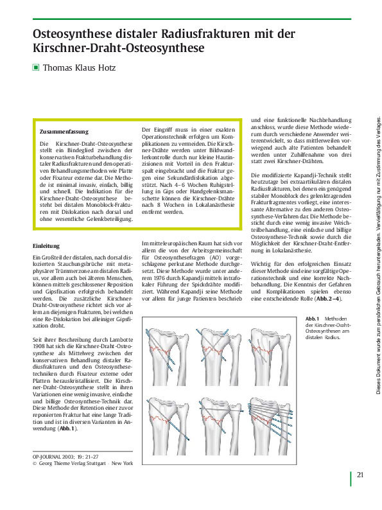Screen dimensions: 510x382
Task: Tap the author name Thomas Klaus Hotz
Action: click(80, 66)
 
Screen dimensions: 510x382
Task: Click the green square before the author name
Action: click(36, 66)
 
